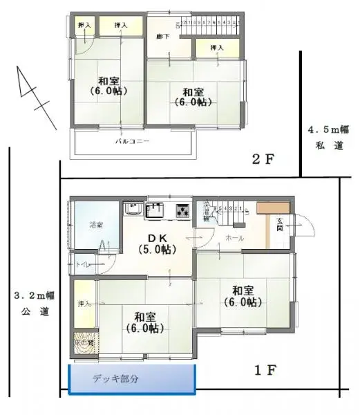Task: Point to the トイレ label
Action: pyautogui.click(x=82, y=265)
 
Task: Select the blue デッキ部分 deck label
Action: pyautogui.click(x=115, y=379)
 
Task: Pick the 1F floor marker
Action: pyautogui.click(x=265, y=370)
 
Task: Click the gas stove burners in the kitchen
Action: pyautogui.click(x=182, y=210)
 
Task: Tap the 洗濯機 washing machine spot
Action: pyautogui.click(x=206, y=212)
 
